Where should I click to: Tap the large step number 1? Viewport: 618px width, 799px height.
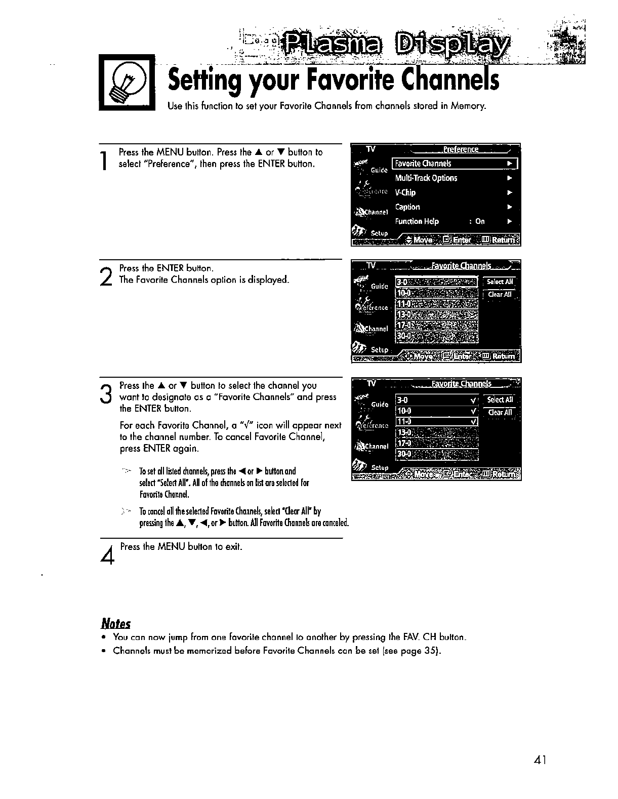click(x=104, y=161)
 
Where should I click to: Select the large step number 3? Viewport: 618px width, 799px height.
click(x=105, y=393)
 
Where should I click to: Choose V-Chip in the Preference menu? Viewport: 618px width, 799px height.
click(x=405, y=192)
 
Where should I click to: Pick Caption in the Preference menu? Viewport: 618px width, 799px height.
click(x=407, y=207)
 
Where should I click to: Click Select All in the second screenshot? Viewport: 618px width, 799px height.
click(x=500, y=282)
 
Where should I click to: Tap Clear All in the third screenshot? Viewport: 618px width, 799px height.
click(x=500, y=412)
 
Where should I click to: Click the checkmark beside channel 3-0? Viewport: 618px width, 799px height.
click(x=472, y=400)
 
